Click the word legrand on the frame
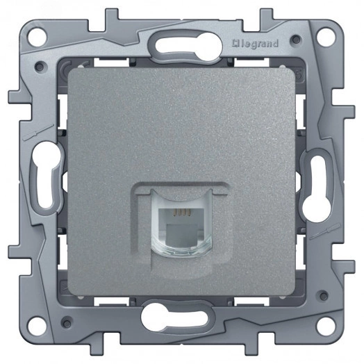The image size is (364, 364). tap(258, 44)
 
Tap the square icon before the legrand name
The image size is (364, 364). tap(235, 43)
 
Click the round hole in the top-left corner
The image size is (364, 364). tap(37, 37)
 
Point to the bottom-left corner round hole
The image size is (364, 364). tap(37, 326)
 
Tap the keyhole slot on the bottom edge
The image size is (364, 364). tap(174, 315)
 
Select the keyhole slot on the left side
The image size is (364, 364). tap(47, 174)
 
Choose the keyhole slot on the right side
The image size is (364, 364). tap(317, 188)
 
